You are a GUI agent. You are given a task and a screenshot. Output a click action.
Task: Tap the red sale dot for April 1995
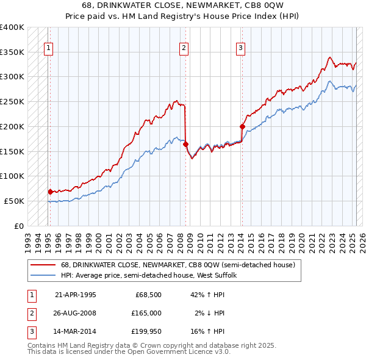(x=50, y=192)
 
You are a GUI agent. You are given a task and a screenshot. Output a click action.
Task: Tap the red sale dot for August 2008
(x=185, y=144)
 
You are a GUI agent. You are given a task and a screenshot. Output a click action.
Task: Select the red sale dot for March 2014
(x=242, y=127)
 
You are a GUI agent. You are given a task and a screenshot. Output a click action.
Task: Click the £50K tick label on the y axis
(x=14, y=201)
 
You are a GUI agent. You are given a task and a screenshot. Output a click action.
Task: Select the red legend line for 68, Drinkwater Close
(x=43, y=265)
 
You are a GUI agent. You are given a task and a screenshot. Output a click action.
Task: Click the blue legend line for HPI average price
(x=43, y=275)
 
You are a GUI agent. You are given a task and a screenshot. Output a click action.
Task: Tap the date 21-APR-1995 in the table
(x=76, y=295)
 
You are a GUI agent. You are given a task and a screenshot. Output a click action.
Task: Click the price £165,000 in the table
(x=147, y=313)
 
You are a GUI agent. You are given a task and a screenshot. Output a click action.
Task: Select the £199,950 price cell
(x=147, y=331)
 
